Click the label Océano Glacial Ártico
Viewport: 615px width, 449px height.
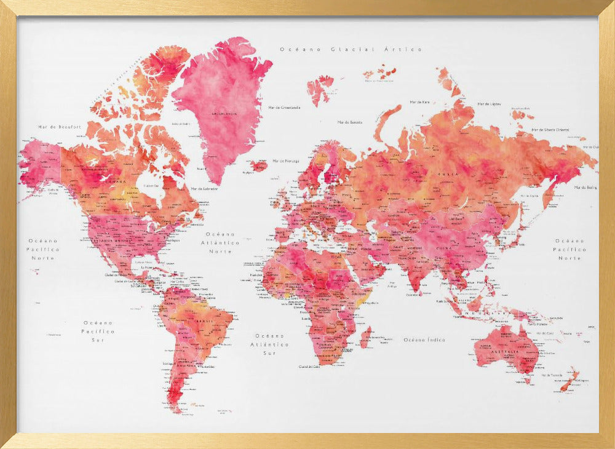(x=351, y=49)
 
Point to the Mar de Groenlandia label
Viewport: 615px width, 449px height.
(x=284, y=107)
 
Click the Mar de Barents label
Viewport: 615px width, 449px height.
(x=349, y=122)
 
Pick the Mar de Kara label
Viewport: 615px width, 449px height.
(x=419, y=102)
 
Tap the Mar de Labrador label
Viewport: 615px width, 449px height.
(x=205, y=188)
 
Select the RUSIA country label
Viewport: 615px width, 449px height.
(x=444, y=174)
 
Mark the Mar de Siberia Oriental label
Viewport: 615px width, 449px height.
(x=550, y=130)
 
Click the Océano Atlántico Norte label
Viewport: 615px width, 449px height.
(x=221, y=243)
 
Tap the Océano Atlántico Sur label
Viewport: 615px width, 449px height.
(x=271, y=344)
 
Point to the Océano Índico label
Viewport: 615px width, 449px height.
(x=424, y=340)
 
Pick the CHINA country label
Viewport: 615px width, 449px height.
(x=442, y=248)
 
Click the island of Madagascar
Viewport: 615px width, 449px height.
(x=366, y=337)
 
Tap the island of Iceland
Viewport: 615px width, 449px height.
(x=259, y=165)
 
